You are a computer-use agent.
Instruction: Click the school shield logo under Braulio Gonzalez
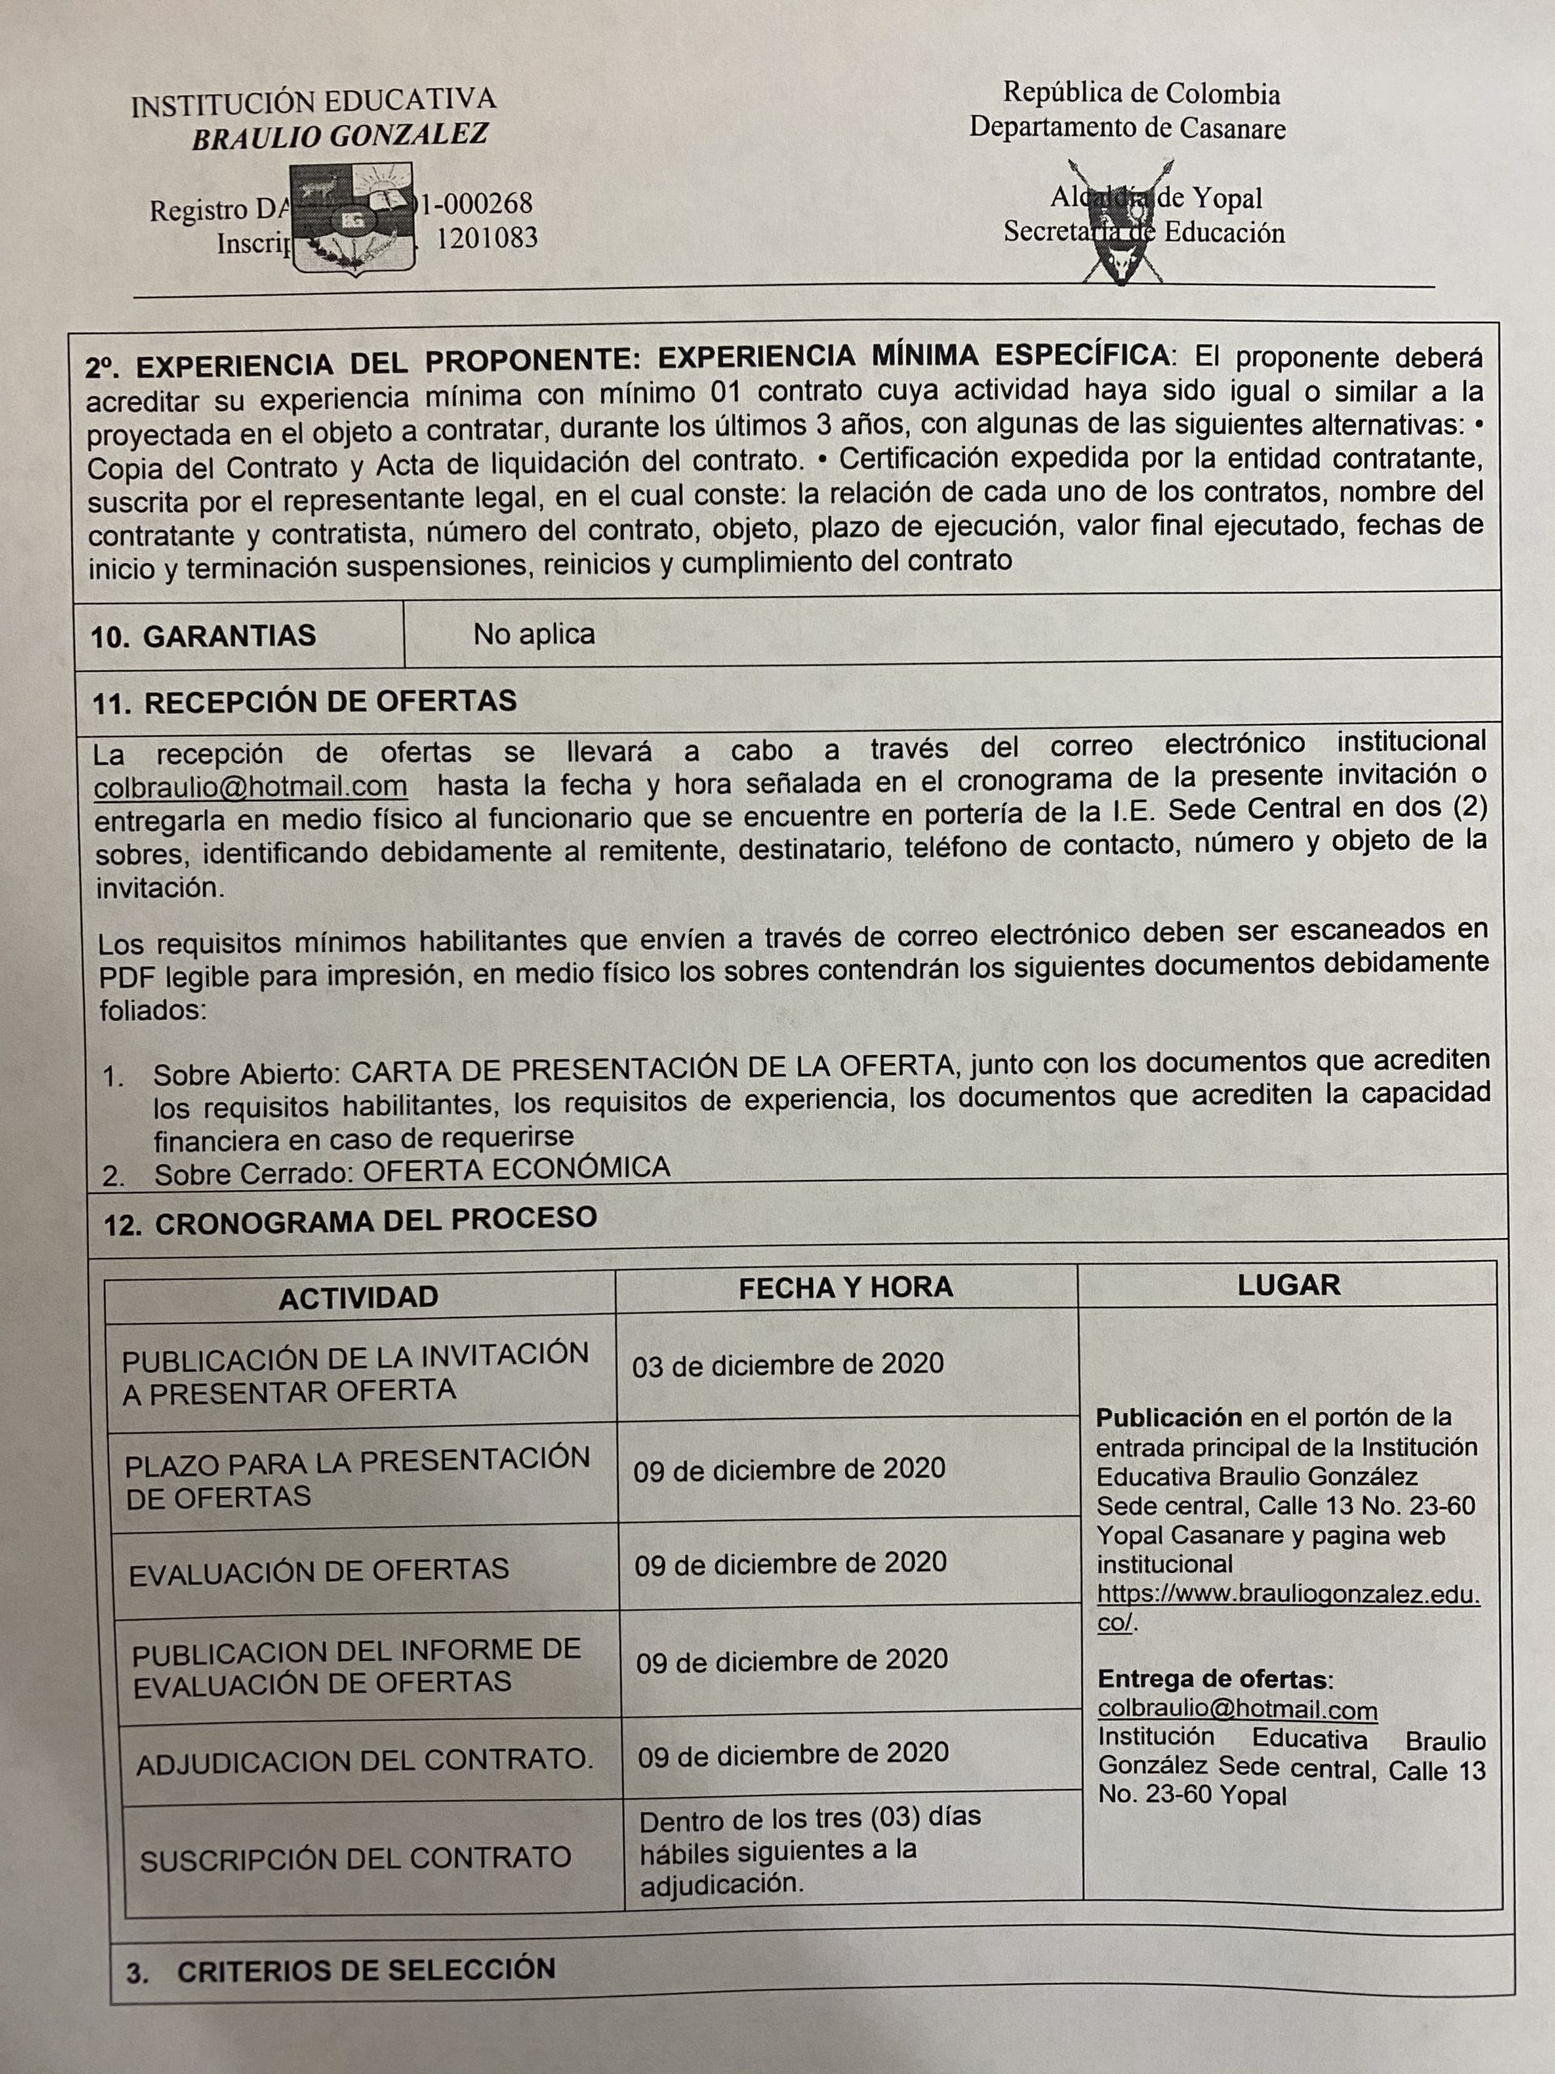pyautogui.click(x=351, y=217)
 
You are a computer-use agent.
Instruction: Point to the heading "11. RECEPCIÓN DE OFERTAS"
pyautogui.click(x=304, y=702)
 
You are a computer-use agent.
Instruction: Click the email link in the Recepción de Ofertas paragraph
pyautogui.click(x=250, y=786)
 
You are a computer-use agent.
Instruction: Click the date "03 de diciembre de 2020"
pyautogui.click(x=787, y=1364)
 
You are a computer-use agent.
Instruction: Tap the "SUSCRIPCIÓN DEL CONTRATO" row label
pyautogui.click(x=356, y=1858)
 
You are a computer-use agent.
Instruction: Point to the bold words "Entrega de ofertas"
pyautogui.click(x=1214, y=1679)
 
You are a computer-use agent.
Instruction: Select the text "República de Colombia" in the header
pyautogui.click(x=1140, y=94)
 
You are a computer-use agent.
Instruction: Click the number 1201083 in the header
pyautogui.click(x=488, y=238)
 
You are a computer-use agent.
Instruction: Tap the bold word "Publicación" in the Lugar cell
pyautogui.click(x=1168, y=1417)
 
